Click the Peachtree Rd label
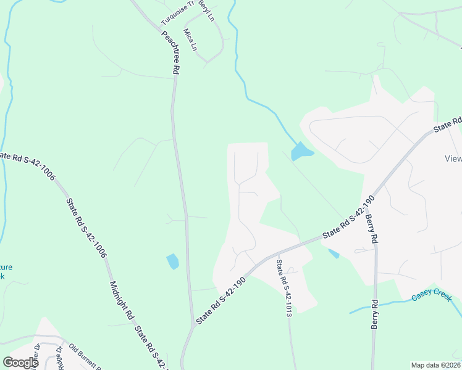pyautogui.click(x=170, y=53)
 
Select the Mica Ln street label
pyautogui.click(x=191, y=38)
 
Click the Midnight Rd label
pyautogui.click(x=122, y=300)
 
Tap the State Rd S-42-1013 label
pyautogui.click(x=283, y=288)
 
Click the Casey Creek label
pyautogui.click(x=432, y=296)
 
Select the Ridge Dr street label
pyautogui.click(x=60, y=356)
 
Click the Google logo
pyautogui.click(x=20, y=363)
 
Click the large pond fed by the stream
pyautogui.click(x=300, y=152)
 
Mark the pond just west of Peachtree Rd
pyautogui.click(x=172, y=261)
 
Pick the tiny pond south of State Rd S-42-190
pyautogui.click(x=334, y=253)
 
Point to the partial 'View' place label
pyautogui.click(x=453, y=158)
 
